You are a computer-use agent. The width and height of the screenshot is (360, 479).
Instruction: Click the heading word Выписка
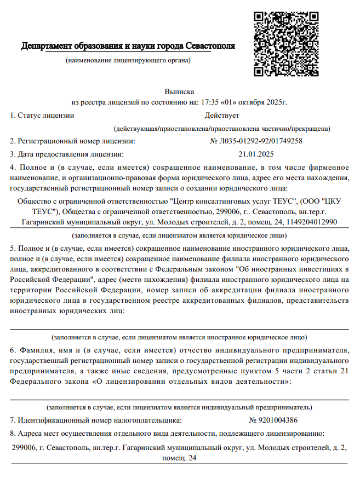(x=179, y=91)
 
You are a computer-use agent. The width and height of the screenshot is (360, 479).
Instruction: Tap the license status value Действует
(x=221, y=116)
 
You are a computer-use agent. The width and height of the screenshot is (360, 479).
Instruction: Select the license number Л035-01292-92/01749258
(x=256, y=141)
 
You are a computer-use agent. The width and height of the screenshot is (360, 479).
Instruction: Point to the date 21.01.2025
(x=256, y=154)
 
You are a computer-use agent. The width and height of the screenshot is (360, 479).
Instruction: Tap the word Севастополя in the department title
(x=210, y=45)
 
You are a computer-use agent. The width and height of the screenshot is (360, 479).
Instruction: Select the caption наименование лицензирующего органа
(x=128, y=60)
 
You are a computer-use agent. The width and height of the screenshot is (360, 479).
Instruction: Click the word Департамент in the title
(x=47, y=45)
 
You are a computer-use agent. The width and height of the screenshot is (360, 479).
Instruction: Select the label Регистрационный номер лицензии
(x=72, y=141)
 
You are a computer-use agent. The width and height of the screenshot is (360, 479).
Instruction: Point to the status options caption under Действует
(x=221, y=129)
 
